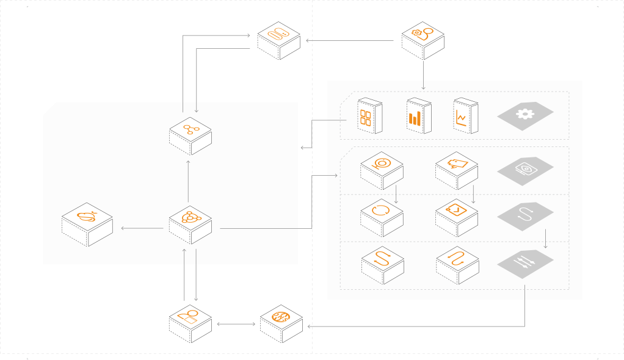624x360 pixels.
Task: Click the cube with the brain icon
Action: [x=281, y=323]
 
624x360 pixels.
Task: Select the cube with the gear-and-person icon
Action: [x=423, y=40]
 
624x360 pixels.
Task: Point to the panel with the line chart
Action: [x=465, y=116]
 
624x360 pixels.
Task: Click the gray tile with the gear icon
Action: [x=524, y=115]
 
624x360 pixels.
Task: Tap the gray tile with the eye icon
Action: [x=524, y=169]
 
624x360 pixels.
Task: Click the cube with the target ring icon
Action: [x=382, y=169]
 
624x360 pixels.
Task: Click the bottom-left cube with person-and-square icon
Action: [x=190, y=321]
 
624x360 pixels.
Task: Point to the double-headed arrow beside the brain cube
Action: [x=235, y=323]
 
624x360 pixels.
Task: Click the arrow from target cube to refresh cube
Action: [x=396, y=193]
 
